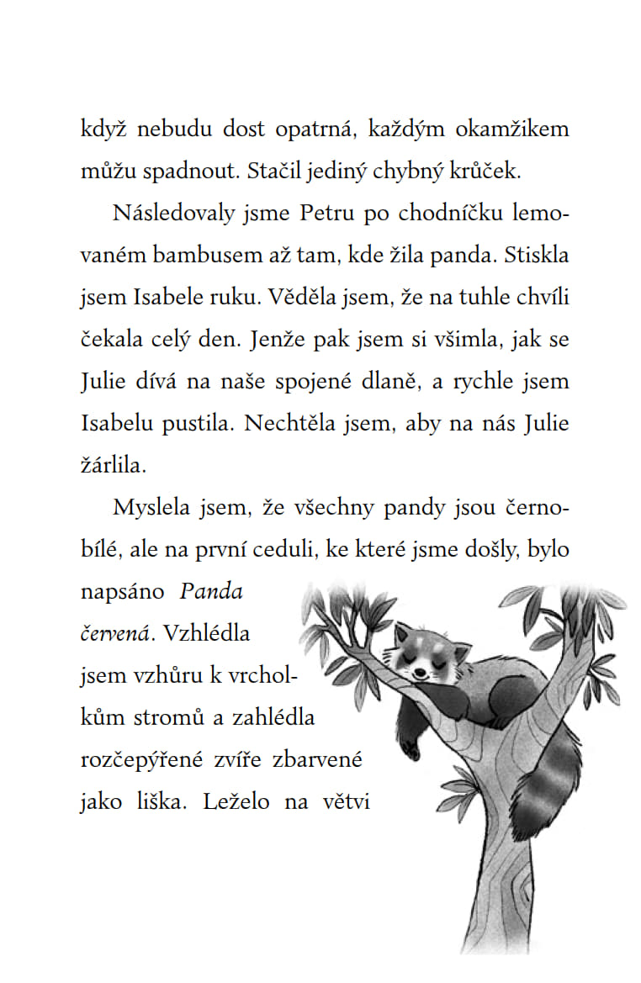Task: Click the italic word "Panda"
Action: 211,592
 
